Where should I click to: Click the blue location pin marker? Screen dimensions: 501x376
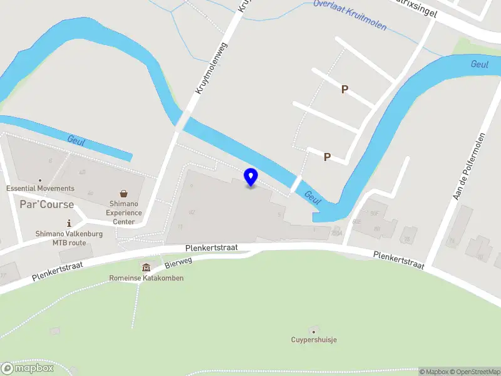point(251,177)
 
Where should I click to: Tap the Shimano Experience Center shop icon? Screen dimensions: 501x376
point(124,194)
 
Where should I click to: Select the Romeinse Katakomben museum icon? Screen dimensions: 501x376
point(146,268)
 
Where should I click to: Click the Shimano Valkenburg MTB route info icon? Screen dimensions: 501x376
point(69,223)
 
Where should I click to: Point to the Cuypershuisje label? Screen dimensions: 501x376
point(314,340)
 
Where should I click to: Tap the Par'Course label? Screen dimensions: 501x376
point(46,204)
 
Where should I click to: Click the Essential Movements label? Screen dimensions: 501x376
point(40,188)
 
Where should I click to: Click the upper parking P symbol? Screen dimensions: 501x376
point(344,90)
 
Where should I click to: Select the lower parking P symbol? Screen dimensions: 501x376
point(327,157)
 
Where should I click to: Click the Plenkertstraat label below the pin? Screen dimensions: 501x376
point(212,248)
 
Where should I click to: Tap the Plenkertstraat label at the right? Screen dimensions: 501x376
point(399,261)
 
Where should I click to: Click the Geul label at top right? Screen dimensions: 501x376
point(480,64)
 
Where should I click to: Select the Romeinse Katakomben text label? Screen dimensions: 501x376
point(147,278)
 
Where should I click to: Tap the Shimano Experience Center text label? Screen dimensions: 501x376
point(124,212)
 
